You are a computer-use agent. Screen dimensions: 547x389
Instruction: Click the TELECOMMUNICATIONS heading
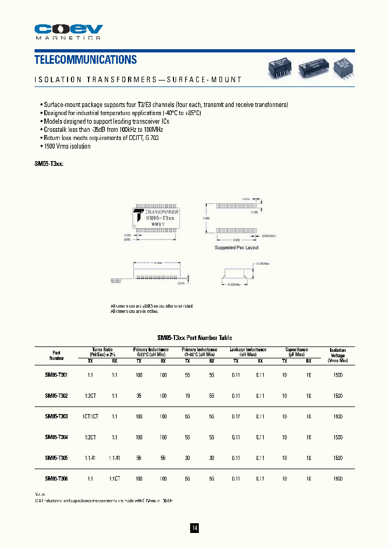85,59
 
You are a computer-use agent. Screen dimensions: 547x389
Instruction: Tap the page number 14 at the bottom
194,528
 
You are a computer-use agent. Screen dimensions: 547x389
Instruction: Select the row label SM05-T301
56,375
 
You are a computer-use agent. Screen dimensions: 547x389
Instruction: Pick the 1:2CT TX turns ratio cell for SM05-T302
91,396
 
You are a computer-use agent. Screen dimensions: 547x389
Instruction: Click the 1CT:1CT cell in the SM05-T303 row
90,416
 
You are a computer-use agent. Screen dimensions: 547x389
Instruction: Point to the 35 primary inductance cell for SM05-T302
139,396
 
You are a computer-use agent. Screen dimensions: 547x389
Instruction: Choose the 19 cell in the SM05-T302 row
187,396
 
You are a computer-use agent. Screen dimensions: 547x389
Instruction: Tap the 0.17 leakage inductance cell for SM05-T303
236,416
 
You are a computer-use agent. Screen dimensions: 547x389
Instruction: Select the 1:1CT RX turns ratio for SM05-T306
114,478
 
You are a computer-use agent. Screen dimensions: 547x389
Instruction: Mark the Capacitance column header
297,350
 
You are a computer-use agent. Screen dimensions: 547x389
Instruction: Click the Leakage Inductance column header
248,350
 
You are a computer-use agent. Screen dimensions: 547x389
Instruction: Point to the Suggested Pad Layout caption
237,248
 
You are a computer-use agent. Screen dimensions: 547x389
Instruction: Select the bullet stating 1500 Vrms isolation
66,146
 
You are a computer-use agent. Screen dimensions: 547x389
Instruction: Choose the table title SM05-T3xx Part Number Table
194,336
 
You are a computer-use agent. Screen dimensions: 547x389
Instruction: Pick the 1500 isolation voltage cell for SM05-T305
338,458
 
